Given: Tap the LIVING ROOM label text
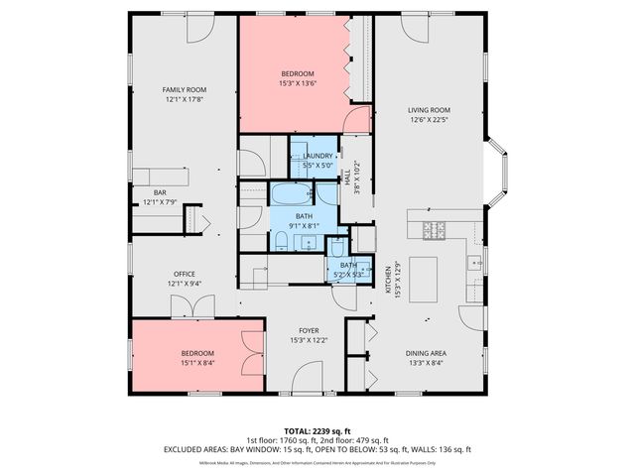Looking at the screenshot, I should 429,110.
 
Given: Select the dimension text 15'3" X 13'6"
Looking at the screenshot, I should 298,83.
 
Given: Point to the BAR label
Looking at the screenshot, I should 160,192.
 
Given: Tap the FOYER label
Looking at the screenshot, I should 309,331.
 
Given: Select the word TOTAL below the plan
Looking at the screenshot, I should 268,431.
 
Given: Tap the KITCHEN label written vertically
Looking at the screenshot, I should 388,276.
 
